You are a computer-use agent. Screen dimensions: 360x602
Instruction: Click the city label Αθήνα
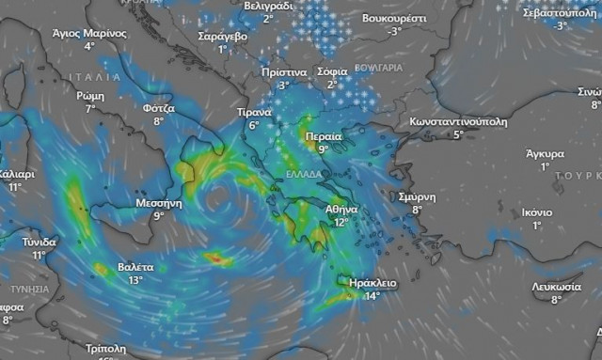341,209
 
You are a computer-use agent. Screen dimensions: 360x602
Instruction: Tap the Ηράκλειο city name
372,283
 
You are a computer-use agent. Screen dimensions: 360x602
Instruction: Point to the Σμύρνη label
415,196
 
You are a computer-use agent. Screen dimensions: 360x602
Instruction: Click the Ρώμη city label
90,96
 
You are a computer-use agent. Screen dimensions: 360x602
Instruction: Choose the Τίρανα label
254,112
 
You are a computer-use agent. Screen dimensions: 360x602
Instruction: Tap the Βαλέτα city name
136,267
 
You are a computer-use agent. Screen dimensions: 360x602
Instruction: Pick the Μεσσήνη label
157,202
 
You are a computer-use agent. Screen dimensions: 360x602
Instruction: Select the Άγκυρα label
545,153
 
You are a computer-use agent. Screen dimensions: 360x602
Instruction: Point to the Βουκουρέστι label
395,18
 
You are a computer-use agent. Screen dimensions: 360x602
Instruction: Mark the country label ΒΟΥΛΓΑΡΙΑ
380,69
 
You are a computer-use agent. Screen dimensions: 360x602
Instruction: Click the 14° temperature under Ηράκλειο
372,296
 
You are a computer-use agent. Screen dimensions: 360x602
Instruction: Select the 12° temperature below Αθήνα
341,222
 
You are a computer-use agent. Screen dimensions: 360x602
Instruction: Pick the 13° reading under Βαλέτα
136,280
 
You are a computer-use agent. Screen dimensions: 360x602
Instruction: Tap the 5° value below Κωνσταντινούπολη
459,135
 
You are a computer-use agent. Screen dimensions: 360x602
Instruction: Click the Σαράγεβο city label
223,36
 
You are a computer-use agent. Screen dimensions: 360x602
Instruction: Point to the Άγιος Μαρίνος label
89,32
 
